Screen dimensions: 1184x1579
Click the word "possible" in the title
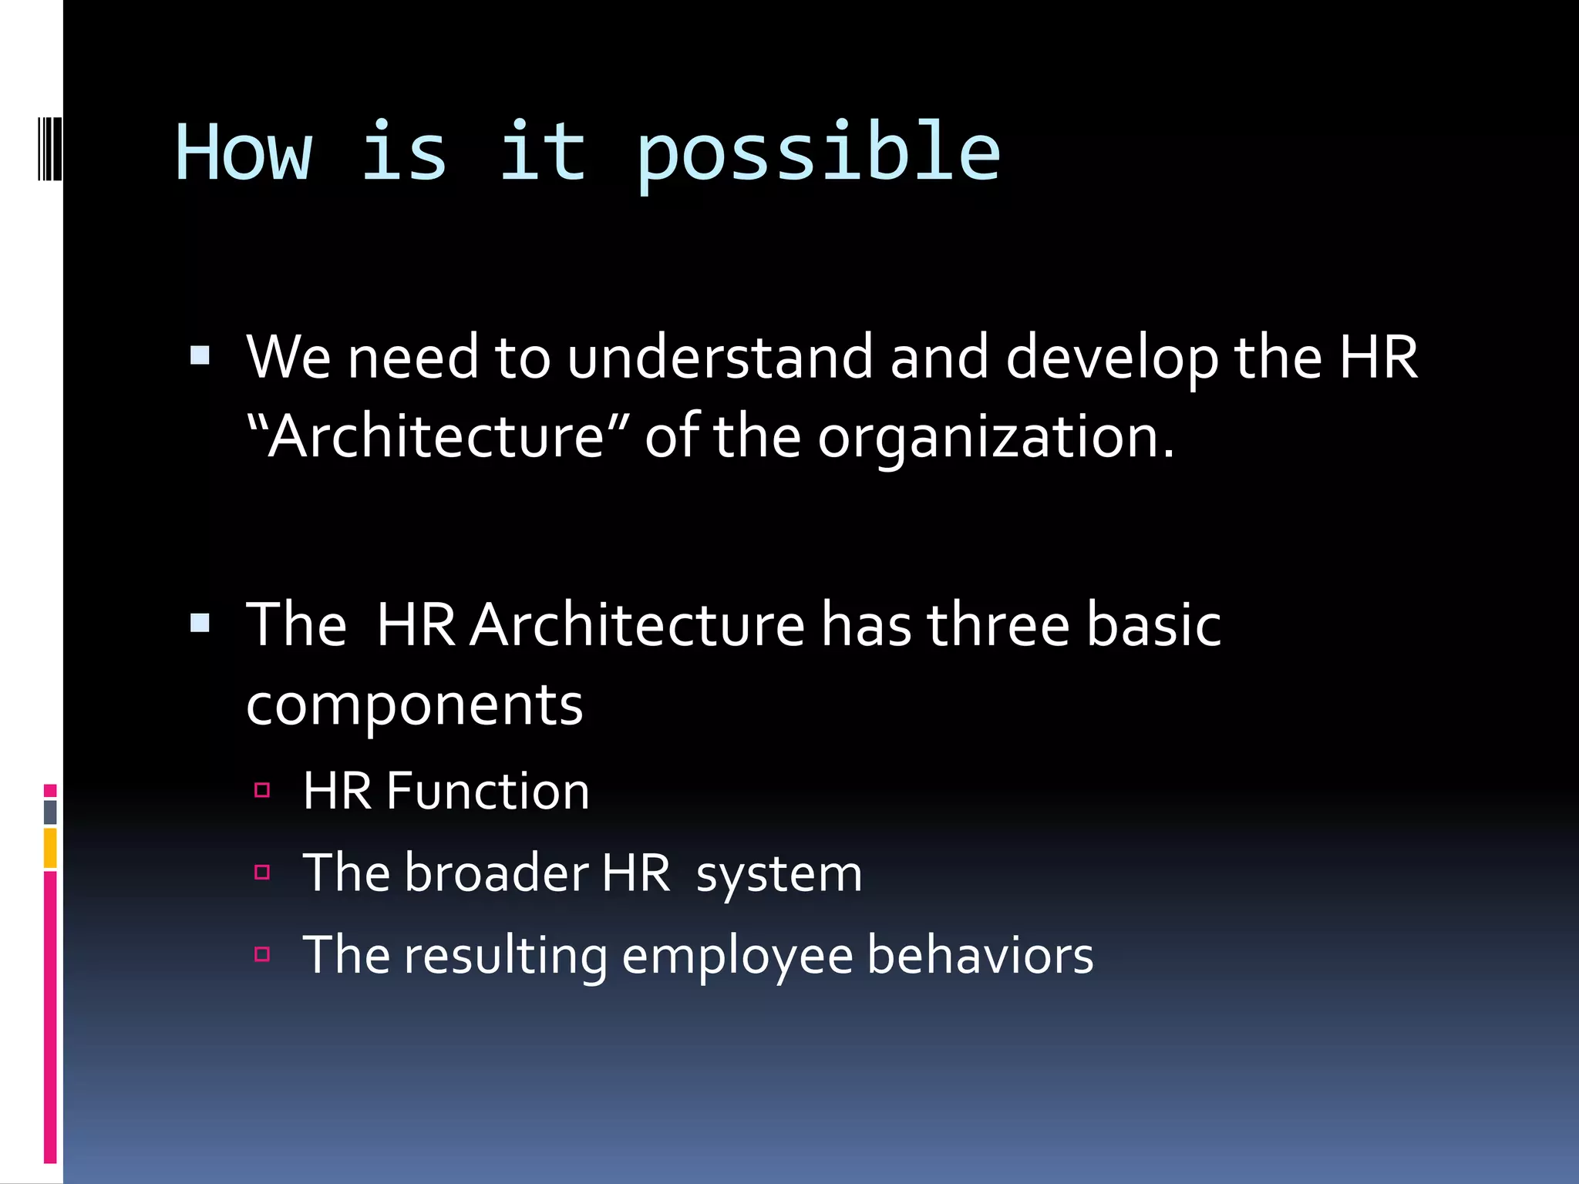tap(818, 154)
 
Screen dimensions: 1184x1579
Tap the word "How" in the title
tap(244, 154)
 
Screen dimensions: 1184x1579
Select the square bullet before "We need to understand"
tap(200, 355)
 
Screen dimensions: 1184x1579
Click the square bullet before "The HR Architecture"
tap(200, 622)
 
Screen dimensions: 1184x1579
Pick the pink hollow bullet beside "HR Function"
tap(262, 789)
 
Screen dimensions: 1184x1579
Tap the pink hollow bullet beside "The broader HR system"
tap(262, 872)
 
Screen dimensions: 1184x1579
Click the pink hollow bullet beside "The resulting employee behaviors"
tap(262, 954)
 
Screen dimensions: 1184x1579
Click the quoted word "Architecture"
tap(436, 436)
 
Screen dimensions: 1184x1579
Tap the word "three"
tap(998, 624)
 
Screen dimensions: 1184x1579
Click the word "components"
tap(414, 705)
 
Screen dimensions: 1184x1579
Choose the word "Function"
tap(487, 791)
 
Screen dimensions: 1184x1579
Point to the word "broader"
tap(496, 873)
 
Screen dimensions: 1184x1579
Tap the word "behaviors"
tap(980, 956)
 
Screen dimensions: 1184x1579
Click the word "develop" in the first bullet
tap(1112, 358)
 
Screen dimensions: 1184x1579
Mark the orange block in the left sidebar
tap(50, 848)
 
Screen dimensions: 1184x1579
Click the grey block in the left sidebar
tap(50, 812)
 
